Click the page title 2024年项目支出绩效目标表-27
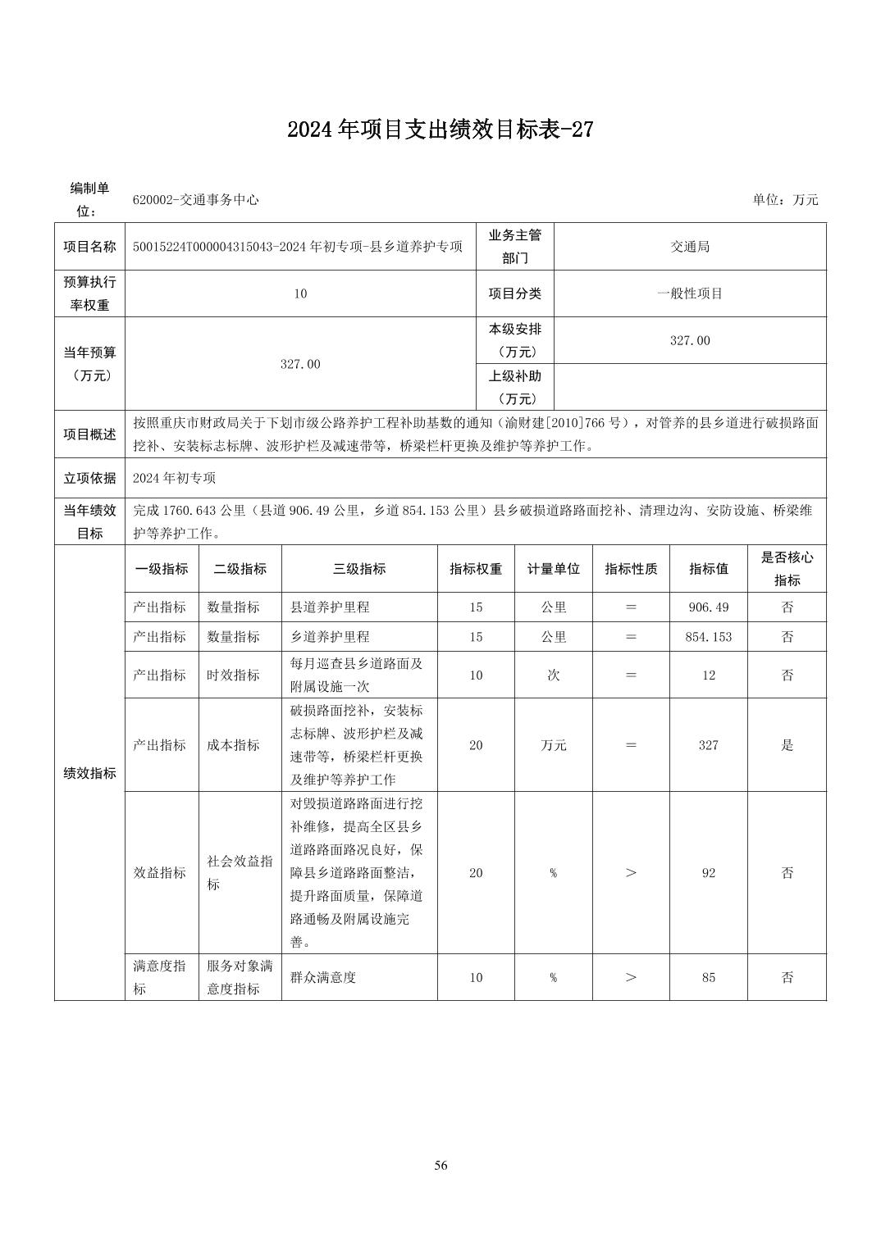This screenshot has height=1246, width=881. coord(440,130)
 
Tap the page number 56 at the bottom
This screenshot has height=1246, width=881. coord(440,1165)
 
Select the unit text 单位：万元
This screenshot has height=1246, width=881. coord(785,200)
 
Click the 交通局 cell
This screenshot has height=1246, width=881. coord(690,247)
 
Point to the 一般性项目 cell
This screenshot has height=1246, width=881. coord(690,293)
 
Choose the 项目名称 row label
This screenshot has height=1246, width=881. coord(89,247)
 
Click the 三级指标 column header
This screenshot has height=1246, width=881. coord(358,569)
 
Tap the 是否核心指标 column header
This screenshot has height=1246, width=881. coord(787,569)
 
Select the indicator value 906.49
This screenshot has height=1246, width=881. coord(708,607)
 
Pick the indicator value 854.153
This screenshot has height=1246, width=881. coord(708,637)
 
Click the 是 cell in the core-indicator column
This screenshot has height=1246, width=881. coord(787,745)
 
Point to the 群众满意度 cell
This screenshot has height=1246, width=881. coord(323,977)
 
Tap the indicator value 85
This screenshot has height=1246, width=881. coord(708,977)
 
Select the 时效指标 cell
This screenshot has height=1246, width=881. coord(233,675)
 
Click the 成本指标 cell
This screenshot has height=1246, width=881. coord(233,745)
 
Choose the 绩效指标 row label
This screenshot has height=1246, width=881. coord(89,773)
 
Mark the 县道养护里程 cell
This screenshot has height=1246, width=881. coord(330,607)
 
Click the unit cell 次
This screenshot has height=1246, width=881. coord(553,675)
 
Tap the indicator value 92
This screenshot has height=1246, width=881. coord(708,873)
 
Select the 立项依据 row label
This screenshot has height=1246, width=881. coord(89,478)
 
